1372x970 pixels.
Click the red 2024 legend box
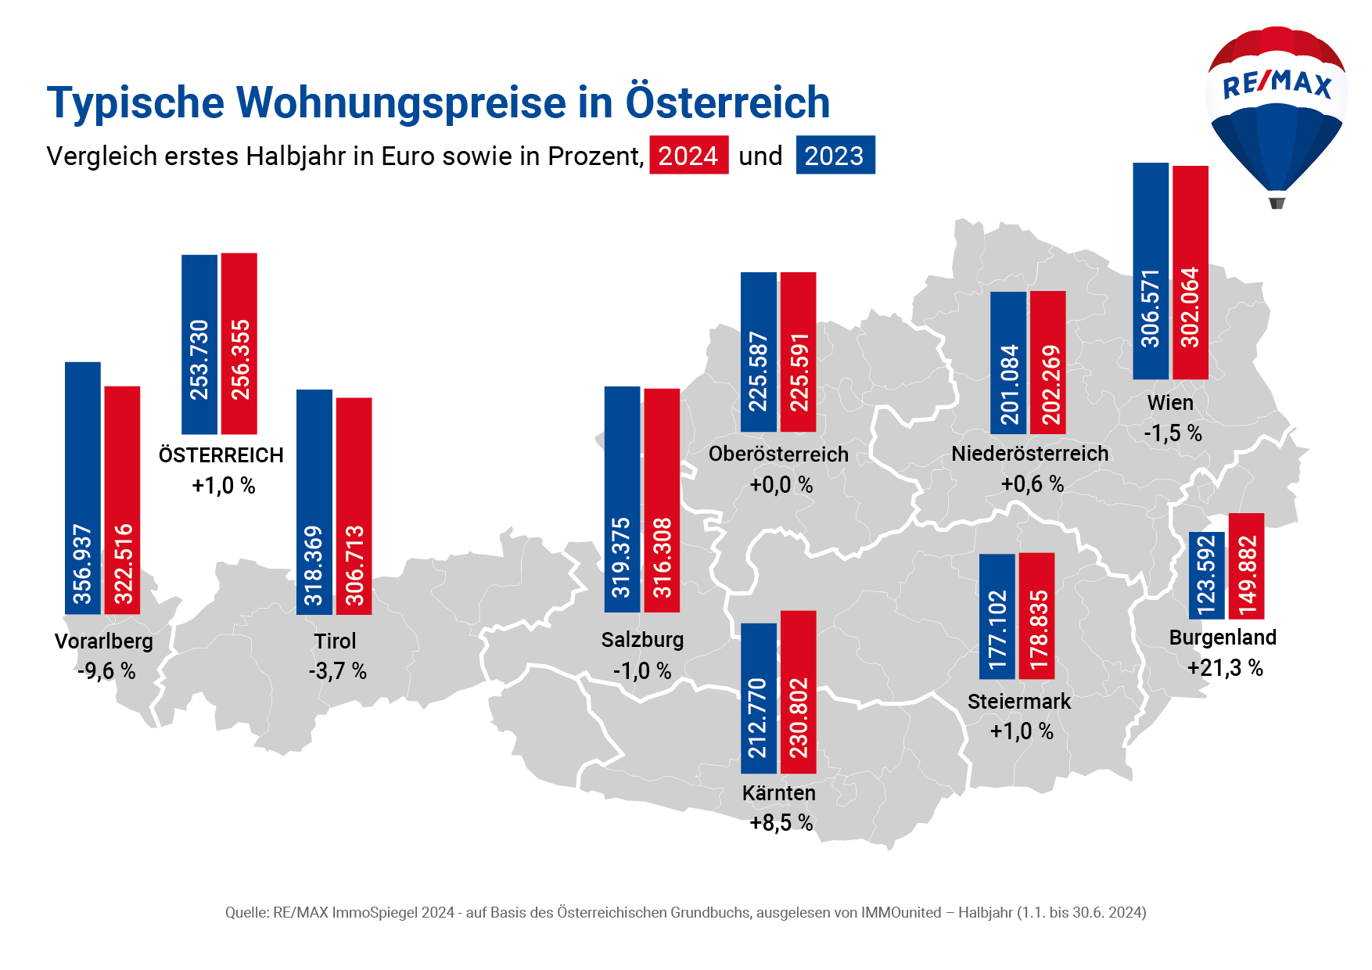[688, 155]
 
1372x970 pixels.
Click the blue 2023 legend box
[835, 155]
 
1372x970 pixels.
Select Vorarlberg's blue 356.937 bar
[83, 487]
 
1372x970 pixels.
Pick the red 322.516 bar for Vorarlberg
[123, 500]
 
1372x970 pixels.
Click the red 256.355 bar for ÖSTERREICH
[239, 343]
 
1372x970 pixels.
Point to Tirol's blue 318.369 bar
[314, 501]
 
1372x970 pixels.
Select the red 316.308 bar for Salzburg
[662, 500]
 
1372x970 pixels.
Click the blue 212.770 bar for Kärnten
[759, 698]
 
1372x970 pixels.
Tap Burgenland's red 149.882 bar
[1247, 566]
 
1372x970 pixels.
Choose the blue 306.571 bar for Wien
[1151, 271]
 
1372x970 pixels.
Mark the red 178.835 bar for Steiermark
[1037, 616]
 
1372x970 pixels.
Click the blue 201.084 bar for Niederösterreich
[1008, 362]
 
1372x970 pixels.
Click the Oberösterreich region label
[778, 454]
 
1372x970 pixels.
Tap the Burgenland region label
[1223, 638]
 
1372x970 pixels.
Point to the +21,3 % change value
[1225, 668]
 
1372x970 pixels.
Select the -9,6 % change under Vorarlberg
[106, 671]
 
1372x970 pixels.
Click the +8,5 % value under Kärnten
[781, 823]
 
